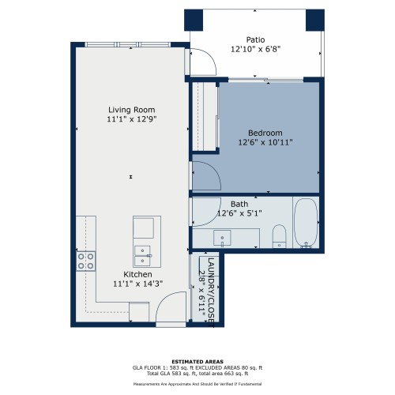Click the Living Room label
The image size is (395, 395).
click(x=132, y=110)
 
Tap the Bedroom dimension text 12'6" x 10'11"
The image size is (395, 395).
click(x=265, y=142)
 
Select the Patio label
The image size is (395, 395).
click(x=255, y=39)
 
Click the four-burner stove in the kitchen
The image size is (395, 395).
click(x=86, y=261)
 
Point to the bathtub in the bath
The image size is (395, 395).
click(x=306, y=224)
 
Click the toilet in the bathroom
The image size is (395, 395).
click(x=279, y=236)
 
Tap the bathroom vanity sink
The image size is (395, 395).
click(x=222, y=238)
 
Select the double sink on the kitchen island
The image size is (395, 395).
click(x=142, y=256)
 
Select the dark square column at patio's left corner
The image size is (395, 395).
click(x=194, y=20)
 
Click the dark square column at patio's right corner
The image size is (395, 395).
click(x=315, y=20)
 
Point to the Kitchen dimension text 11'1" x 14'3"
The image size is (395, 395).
click(x=138, y=284)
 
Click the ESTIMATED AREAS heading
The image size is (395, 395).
click(x=197, y=362)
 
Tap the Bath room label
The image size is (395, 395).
click(x=239, y=204)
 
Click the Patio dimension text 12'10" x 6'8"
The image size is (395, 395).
click(x=256, y=49)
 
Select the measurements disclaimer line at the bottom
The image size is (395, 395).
click(x=197, y=384)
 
